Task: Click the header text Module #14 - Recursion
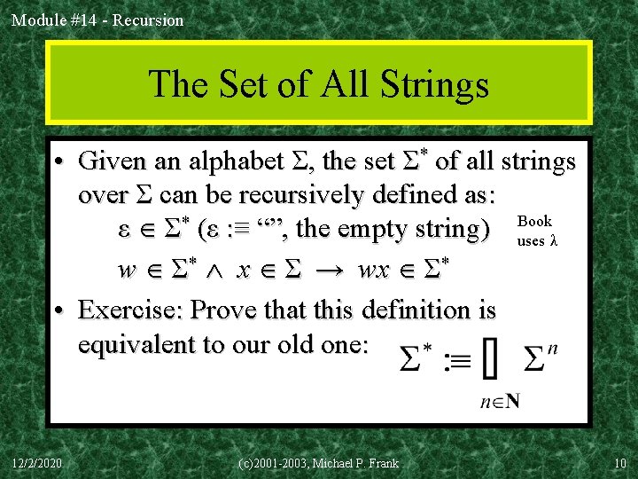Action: point(97,20)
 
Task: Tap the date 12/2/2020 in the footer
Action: point(36,462)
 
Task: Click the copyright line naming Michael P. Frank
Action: point(319,462)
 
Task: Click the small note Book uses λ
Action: point(536,231)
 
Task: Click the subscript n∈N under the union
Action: point(499,401)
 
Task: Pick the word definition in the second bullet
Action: point(405,310)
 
